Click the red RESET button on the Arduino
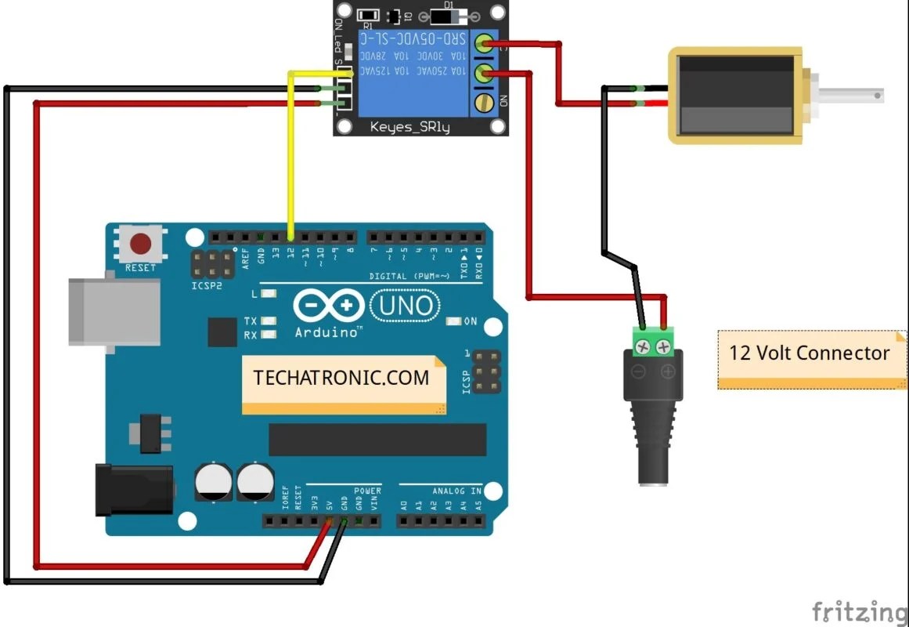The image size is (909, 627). pos(141,244)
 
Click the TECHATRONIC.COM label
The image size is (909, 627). pos(342,379)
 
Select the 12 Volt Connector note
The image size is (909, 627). pos(810,353)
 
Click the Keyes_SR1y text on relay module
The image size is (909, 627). pos(410,126)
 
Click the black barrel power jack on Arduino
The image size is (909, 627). pos(133,490)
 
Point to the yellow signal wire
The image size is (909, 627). pos(290,157)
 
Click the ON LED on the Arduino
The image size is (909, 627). pos(453,321)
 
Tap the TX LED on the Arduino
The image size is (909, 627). pos(269,321)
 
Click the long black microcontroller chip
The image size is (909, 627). pos(377,440)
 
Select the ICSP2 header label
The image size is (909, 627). pos(207,286)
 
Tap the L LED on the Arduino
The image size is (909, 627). pos(269,294)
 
